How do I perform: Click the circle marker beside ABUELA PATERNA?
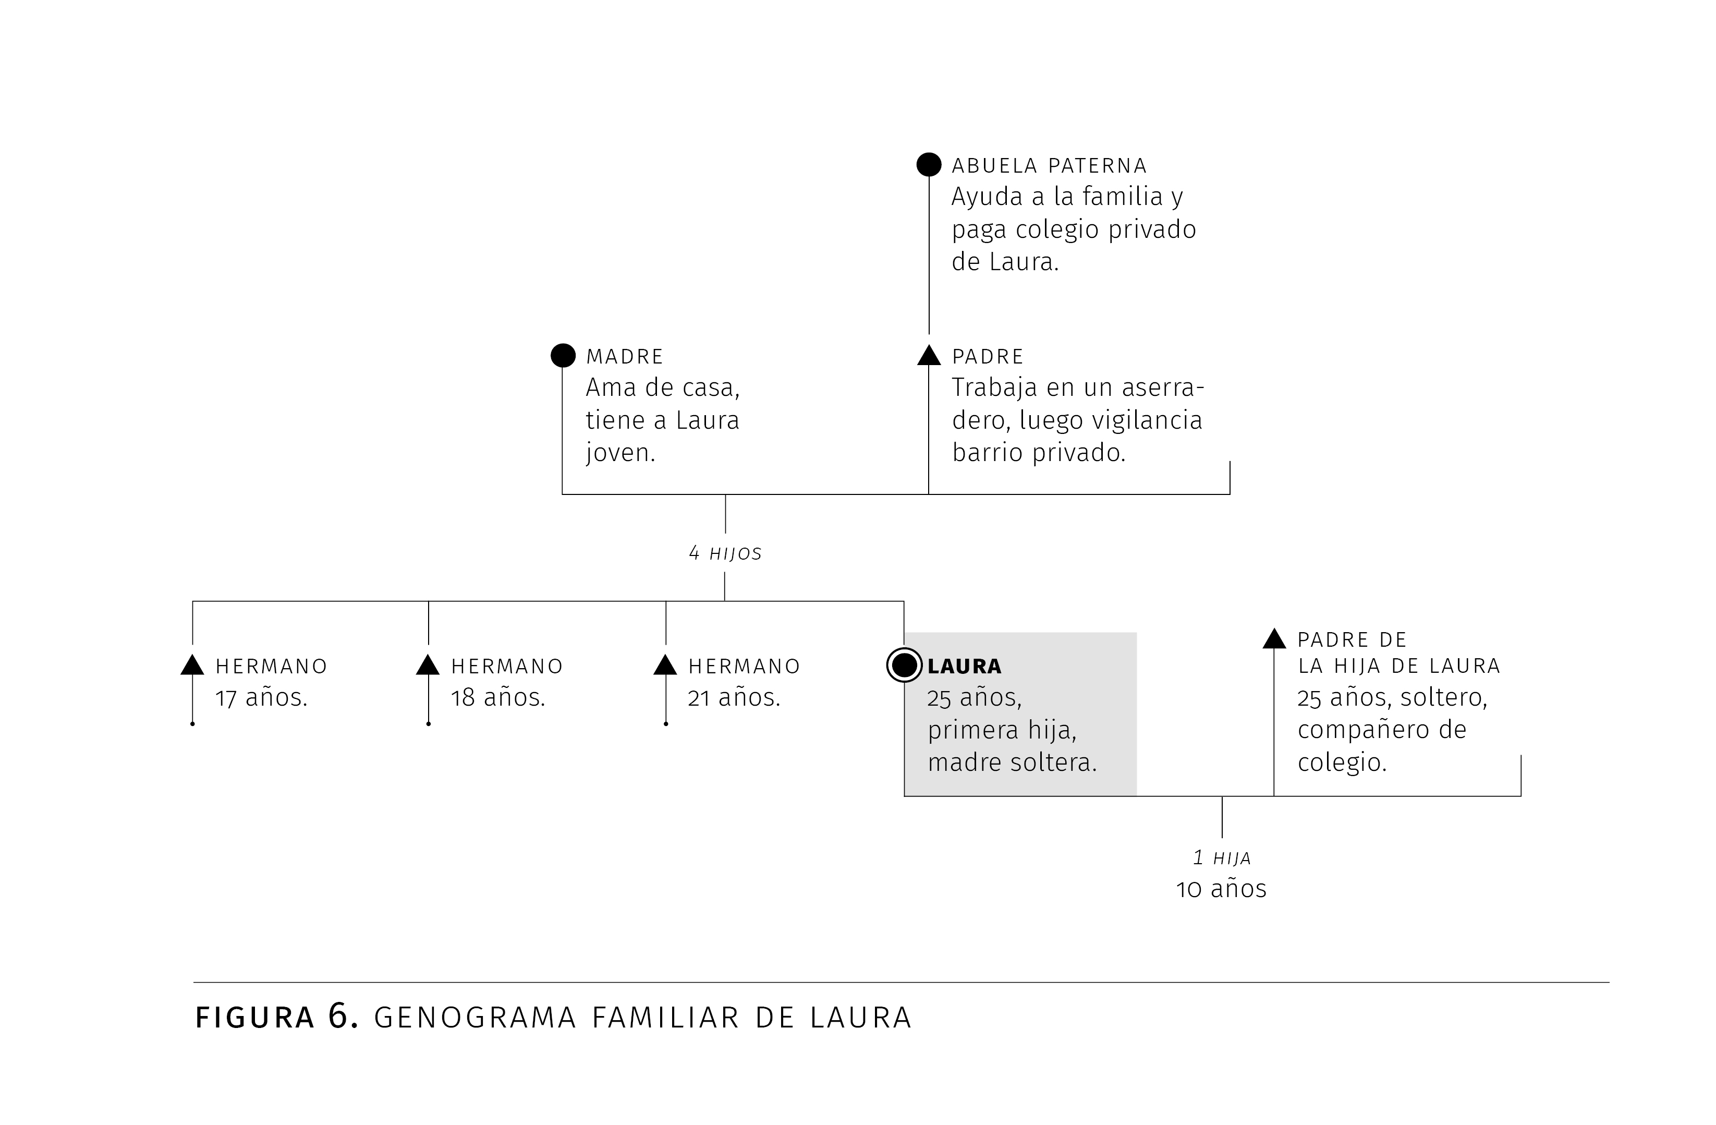click(929, 164)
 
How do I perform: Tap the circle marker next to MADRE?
click(563, 356)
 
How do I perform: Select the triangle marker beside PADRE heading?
click(929, 356)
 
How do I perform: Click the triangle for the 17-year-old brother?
click(192, 665)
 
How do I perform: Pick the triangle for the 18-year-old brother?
click(428, 665)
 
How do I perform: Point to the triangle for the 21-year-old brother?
click(665, 665)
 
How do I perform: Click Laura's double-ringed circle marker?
click(904, 665)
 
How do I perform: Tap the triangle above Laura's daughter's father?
click(1274, 639)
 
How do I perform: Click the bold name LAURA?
click(965, 667)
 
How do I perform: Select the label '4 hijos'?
click(725, 554)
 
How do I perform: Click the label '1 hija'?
click(1222, 858)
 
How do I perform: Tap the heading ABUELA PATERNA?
click(1049, 166)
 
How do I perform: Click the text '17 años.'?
click(262, 698)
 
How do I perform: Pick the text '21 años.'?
click(734, 698)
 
